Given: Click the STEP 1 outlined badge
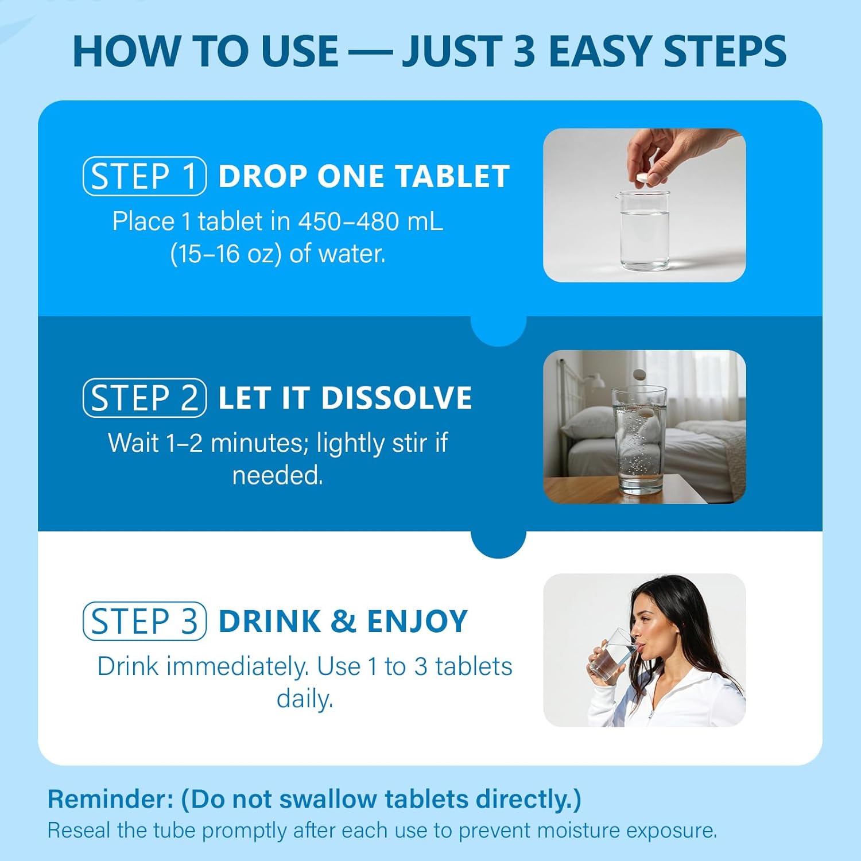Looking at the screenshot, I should click(x=144, y=176).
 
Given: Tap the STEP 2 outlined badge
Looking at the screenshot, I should click(x=144, y=398).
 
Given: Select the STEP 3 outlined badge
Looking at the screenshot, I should click(x=144, y=621).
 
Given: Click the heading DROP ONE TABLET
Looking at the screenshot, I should click(x=364, y=176).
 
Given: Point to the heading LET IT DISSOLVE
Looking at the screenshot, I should click(x=345, y=398).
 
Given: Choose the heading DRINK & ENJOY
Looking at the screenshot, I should click(x=343, y=621).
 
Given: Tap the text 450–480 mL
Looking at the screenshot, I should click(x=370, y=222).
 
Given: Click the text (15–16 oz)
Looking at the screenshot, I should click(x=226, y=254).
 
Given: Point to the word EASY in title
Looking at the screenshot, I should click(x=600, y=52).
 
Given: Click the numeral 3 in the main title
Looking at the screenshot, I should click(x=524, y=52).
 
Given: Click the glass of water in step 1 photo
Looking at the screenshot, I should click(x=645, y=232).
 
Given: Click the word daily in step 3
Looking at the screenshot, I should click(x=304, y=699).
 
